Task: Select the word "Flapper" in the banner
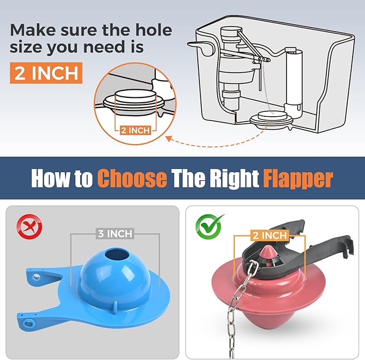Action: tap(298, 178)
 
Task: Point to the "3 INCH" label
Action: tap(115, 235)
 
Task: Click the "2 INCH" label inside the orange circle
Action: tap(135, 130)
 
